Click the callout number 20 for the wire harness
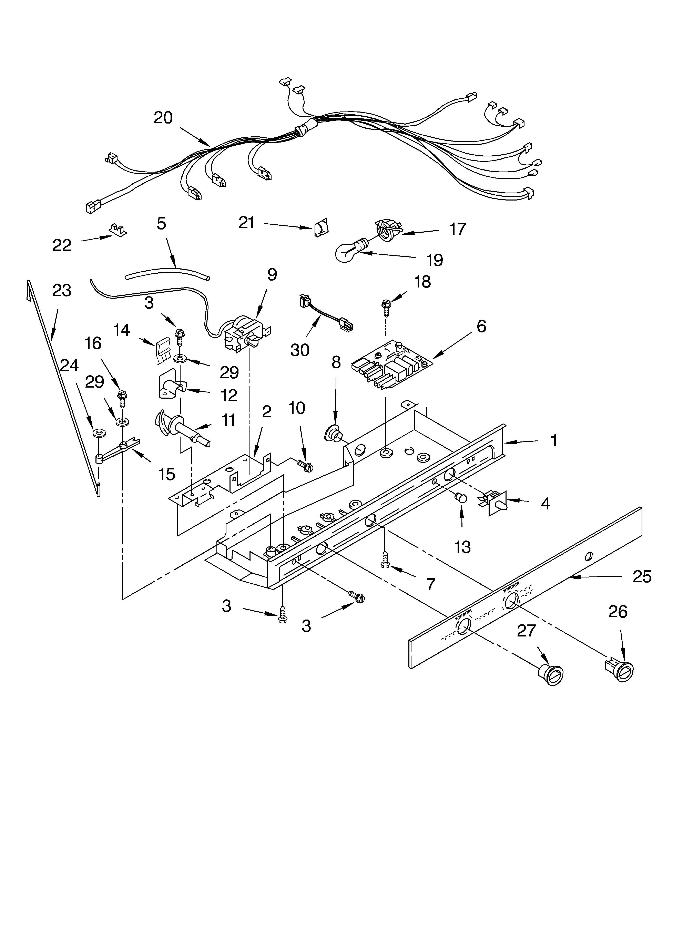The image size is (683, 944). pyautogui.click(x=163, y=118)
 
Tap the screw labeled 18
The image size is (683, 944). pyautogui.click(x=385, y=308)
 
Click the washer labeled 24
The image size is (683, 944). pyautogui.click(x=99, y=434)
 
